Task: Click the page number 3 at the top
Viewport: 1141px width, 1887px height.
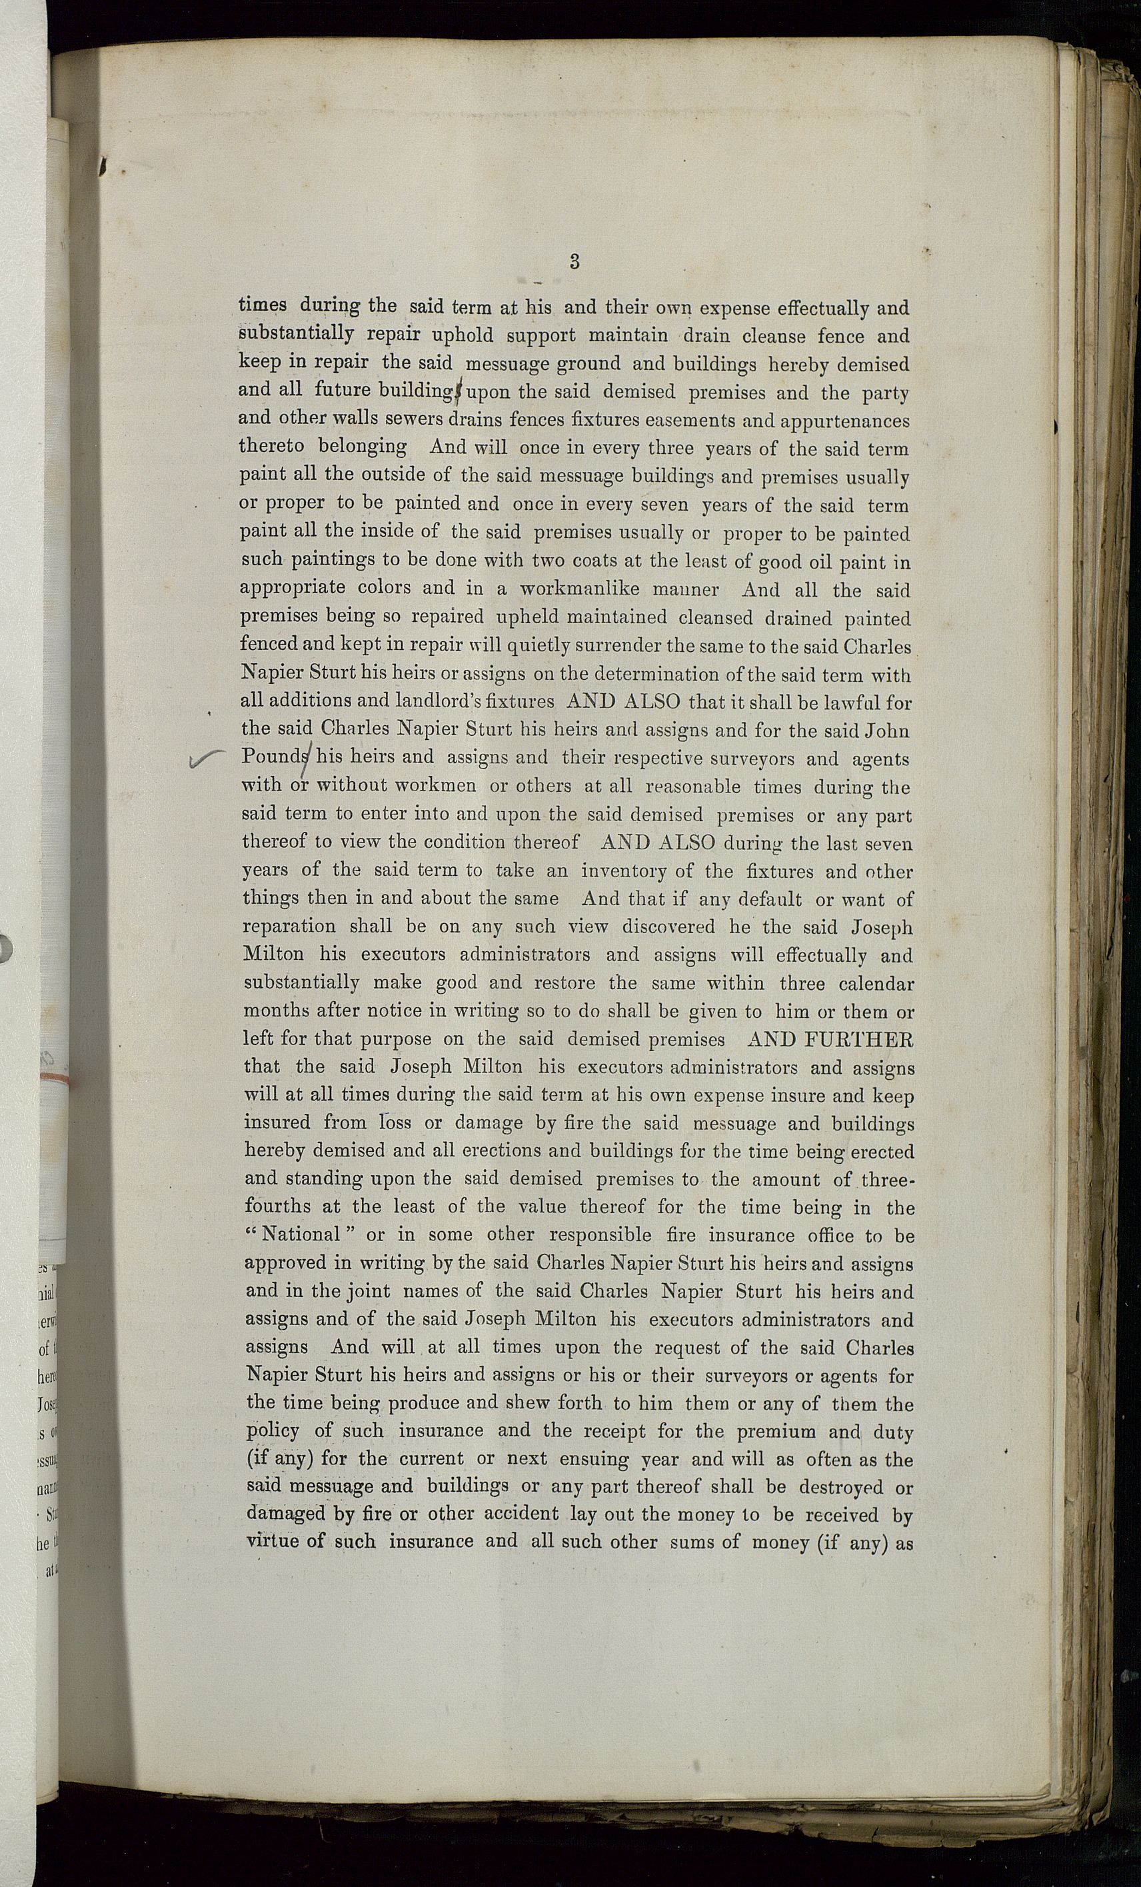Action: click(574, 261)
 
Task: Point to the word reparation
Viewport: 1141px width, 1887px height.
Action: click(289, 927)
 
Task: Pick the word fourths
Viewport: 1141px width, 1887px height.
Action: click(278, 1207)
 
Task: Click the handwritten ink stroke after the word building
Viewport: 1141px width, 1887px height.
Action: click(459, 392)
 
